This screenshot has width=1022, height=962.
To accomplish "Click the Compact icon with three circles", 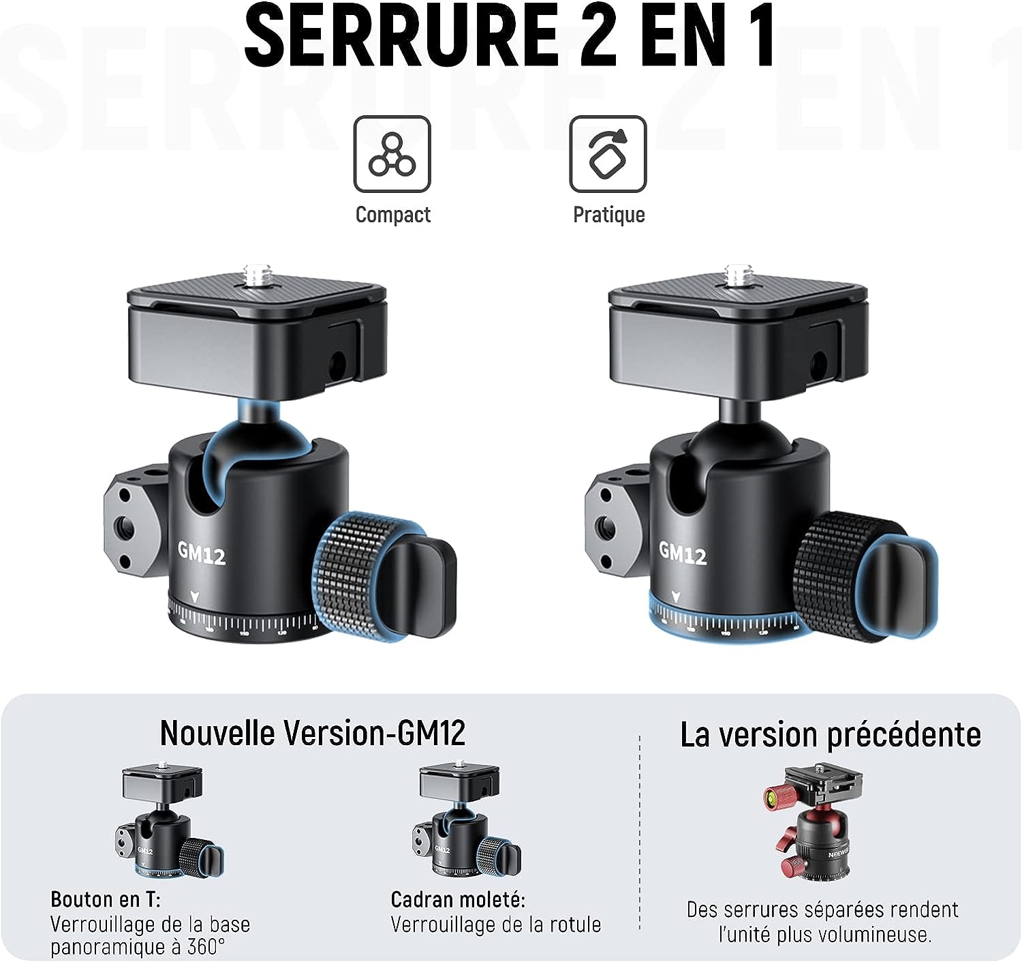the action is coord(392,154).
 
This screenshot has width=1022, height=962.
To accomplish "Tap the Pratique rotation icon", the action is coord(608,154).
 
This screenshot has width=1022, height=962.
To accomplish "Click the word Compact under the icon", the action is coord(393,215).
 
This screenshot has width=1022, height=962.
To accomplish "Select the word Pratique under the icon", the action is coord(609,215).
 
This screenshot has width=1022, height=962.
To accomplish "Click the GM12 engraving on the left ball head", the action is coord(202,554).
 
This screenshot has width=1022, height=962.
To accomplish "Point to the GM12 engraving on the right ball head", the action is coord(683,554).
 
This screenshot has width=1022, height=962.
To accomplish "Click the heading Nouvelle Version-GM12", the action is coord(313,734).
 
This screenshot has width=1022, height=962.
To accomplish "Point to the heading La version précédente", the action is coord(830,735).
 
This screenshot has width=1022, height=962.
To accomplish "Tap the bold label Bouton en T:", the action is coord(106,900).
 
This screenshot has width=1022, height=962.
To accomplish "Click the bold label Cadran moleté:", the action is coord(458,900).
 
